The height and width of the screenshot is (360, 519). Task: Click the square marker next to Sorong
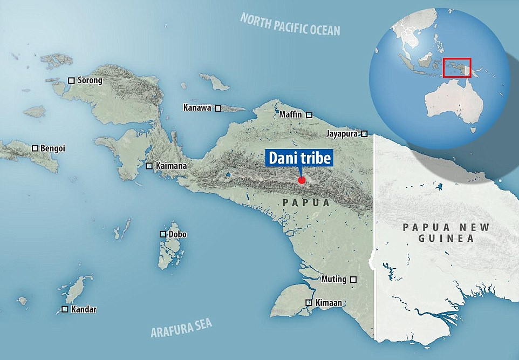coord(71,80)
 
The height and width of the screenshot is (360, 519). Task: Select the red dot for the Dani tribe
coord(302,180)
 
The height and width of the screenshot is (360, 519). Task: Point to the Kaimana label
coord(171,166)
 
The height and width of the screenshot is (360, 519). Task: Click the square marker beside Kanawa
coord(218,108)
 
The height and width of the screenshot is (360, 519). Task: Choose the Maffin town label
coord(291,114)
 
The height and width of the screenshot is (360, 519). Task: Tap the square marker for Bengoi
coord(35,148)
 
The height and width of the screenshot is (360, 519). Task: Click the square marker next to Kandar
coord(65,309)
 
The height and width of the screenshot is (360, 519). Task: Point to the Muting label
coord(334,280)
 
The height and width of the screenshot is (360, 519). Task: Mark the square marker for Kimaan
coord(309,303)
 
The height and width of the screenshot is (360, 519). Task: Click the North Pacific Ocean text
coord(290,24)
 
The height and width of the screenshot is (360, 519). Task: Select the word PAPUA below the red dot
coord(306,203)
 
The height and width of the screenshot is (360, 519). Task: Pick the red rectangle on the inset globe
coord(457,68)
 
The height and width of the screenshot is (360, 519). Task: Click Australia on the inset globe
coord(450,105)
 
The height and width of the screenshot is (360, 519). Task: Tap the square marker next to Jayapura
coord(365,133)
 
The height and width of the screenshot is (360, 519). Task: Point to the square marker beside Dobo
coord(162,234)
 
